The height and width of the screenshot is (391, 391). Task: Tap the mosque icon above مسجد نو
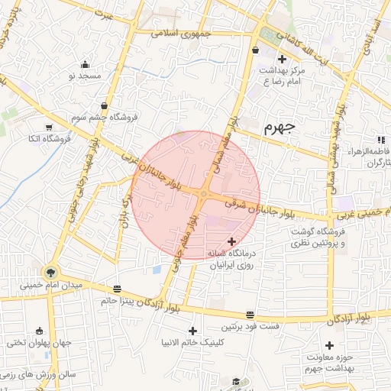click(84, 64)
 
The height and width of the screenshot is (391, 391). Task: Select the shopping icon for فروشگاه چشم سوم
click(104, 105)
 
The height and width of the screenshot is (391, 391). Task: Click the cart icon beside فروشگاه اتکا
click(50, 128)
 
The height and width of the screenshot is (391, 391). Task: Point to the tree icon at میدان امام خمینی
click(50, 271)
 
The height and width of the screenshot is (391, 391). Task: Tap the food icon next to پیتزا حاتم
click(117, 289)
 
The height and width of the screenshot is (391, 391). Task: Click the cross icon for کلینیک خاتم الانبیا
click(192, 331)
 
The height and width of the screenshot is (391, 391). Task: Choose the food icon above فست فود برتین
click(250, 315)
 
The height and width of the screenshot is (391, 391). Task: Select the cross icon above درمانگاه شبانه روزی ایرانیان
click(232, 241)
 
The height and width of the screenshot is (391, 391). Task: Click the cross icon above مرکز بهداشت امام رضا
click(282, 59)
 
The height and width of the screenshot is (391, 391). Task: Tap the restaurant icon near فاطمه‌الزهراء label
click(380, 139)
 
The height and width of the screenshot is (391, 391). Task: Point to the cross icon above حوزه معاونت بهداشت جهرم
click(329, 346)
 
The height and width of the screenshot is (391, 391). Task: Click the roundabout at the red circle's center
click(203, 195)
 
